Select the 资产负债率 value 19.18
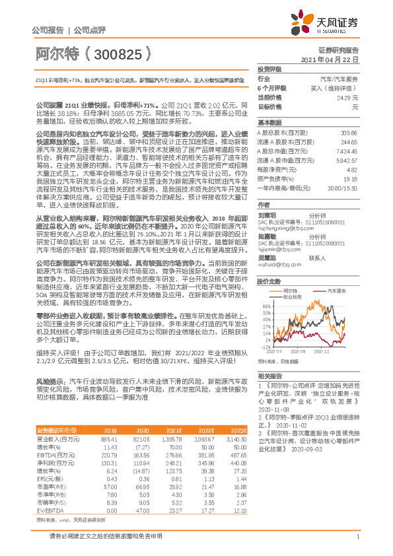pos(351,178)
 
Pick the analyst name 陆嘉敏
pos(266,236)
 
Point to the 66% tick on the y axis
pos(265,306)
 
